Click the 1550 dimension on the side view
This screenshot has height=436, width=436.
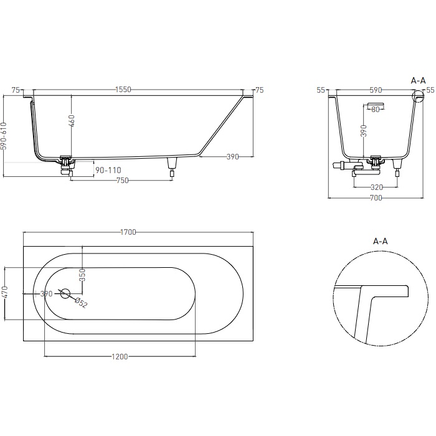[123, 90]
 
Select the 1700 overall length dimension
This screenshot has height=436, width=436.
[128, 232]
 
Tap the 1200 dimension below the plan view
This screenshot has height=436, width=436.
[120, 357]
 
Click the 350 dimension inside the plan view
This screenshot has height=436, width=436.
[82, 275]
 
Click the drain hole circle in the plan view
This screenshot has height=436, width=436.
[66, 293]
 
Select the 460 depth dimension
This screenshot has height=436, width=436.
[72, 121]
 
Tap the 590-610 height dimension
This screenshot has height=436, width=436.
[4, 136]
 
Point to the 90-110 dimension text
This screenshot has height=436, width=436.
[108, 170]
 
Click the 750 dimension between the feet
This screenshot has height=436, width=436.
[122, 181]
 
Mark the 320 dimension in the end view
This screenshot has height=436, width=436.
[376, 186]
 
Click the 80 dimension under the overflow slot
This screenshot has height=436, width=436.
[375, 110]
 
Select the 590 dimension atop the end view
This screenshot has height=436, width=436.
[376, 90]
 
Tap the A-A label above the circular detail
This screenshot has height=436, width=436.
[380, 240]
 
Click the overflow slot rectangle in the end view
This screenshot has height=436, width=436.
[376, 101]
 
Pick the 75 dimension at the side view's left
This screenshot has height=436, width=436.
[16, 90]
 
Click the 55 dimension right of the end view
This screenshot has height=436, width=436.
[430, 90]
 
